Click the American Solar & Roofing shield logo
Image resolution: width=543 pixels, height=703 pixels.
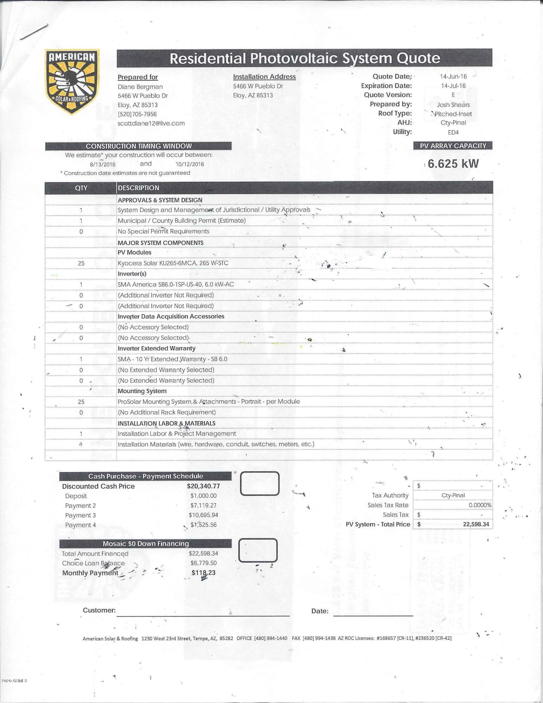pos(72,82)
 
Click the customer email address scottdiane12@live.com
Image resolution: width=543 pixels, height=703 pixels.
pos(151,123)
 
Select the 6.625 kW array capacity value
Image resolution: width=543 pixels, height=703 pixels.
pos(453,164)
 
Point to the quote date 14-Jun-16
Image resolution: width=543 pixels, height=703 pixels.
pos(453,77)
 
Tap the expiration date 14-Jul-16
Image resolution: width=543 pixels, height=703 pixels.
pos(453,86)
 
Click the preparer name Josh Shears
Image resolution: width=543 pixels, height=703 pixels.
pos(453,104)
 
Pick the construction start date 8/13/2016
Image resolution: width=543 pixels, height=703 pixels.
pos(103,164)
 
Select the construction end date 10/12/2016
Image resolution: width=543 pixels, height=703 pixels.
pos(189,164)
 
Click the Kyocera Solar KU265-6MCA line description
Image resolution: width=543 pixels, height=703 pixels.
pos(173,263)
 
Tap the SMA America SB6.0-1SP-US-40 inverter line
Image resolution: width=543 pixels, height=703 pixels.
pos(175,284)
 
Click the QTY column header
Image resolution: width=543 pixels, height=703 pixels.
pos(81,188)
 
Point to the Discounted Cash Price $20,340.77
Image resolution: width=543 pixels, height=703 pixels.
pos(203,486)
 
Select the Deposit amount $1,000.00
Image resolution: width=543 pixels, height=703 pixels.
pos(203,496)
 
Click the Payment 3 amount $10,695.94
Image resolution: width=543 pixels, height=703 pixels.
pos(203,515)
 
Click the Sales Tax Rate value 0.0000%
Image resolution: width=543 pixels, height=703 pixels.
pos(480,505)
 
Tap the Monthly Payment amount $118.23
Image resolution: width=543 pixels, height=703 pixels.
pos(203,573)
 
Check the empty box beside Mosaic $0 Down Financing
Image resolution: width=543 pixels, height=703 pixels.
pos(258,550)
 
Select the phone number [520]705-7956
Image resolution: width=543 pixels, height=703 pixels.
pos(137,114)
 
